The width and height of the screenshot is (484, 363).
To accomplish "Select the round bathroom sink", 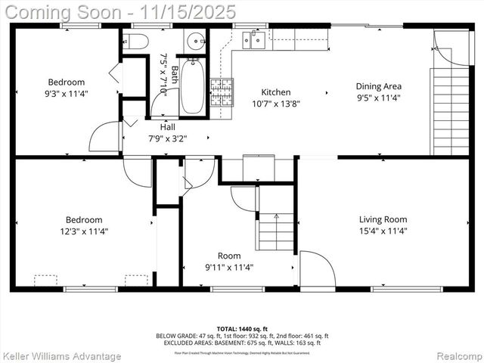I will pyautogui.click(x=195, y=39).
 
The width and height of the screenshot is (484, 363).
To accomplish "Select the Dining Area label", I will pyautogui.click(x=380, y=86).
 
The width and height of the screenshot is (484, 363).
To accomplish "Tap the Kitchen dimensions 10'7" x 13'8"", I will pyautogui.click(x=275, y=104).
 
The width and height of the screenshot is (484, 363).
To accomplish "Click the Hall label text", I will pyautogui.click(x=167, y=127).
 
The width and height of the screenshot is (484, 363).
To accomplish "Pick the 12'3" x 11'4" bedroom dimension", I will pyautogui.click(x=84, y=231).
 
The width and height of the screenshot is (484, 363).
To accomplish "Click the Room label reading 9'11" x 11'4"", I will pyautogui.click(x=229, y=267).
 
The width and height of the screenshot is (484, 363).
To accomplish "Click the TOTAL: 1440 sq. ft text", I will pyautogui.click(x=242, y=327).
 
